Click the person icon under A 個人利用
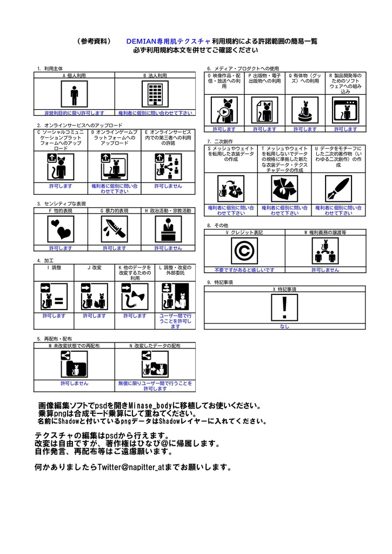(74, 96)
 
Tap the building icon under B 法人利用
(155, 96)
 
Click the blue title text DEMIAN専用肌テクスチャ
(168, 41)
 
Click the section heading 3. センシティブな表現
(62, 204)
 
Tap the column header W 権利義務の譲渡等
(324, 232)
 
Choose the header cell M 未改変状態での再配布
(74, 345)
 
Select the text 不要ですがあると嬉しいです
(244, 269)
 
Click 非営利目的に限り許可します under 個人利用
(74, 113)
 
